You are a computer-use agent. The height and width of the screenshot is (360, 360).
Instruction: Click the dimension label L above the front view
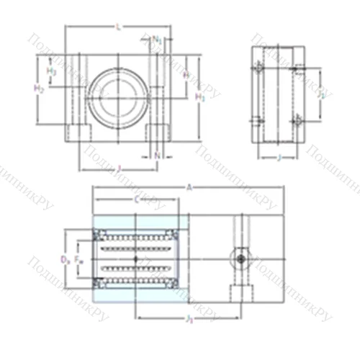pos(118,27)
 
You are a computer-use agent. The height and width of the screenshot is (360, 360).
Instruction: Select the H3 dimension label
pos(51,72)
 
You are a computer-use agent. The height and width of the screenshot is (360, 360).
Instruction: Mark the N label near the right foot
pos(158,154)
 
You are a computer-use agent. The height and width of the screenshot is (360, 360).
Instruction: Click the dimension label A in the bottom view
pos(189,187)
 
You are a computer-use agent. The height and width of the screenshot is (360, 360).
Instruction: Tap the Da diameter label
pos(64,256)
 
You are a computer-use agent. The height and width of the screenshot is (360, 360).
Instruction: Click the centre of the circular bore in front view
pos(118,94)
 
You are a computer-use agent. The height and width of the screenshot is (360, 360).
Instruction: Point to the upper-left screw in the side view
pos(257,69)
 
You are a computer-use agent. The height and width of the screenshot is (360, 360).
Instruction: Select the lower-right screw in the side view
pos(296,125)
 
